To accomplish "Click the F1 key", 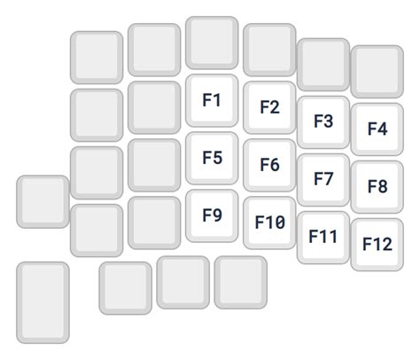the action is pyautogui.click(x=212, y=100).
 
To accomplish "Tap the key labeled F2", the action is pyautogui.click(x=269, y=107).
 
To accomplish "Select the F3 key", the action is pyautogui.click(x=323, y=122).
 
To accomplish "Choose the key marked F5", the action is pyautogui.click(x=212, y=158).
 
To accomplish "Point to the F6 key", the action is pyautogui.click(x=269, y=165).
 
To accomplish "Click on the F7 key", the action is pyautogui.click(x=323, y=180).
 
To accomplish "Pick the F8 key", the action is pyautogui.click(x=377, y=187).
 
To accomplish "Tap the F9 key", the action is pyautogui.click(x=212, y=215).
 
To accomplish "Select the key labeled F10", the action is pyautogui.click(x=269, y=223).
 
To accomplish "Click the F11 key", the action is pyautogui.click(x=323, y=238).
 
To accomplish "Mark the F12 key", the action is pyautogui.click(x=377, y=245).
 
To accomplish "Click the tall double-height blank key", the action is pyautogui.click(x=43, y=302).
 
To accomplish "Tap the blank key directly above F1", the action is pyautogui.click(x=212, y=43).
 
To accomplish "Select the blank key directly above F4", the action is pyautogui.click(x=377, y=72).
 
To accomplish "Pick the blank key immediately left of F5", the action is pyautogui.click(x=154, y=165).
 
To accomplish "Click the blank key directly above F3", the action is pyautogui.click(x=323, y=65).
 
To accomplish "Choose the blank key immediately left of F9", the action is pyautogui.click(x=154, y=223).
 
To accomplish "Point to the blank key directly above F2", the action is pyautogui.click(x=269, y=50).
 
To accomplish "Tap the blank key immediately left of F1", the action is pyautogui.click(x=154, y=107).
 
